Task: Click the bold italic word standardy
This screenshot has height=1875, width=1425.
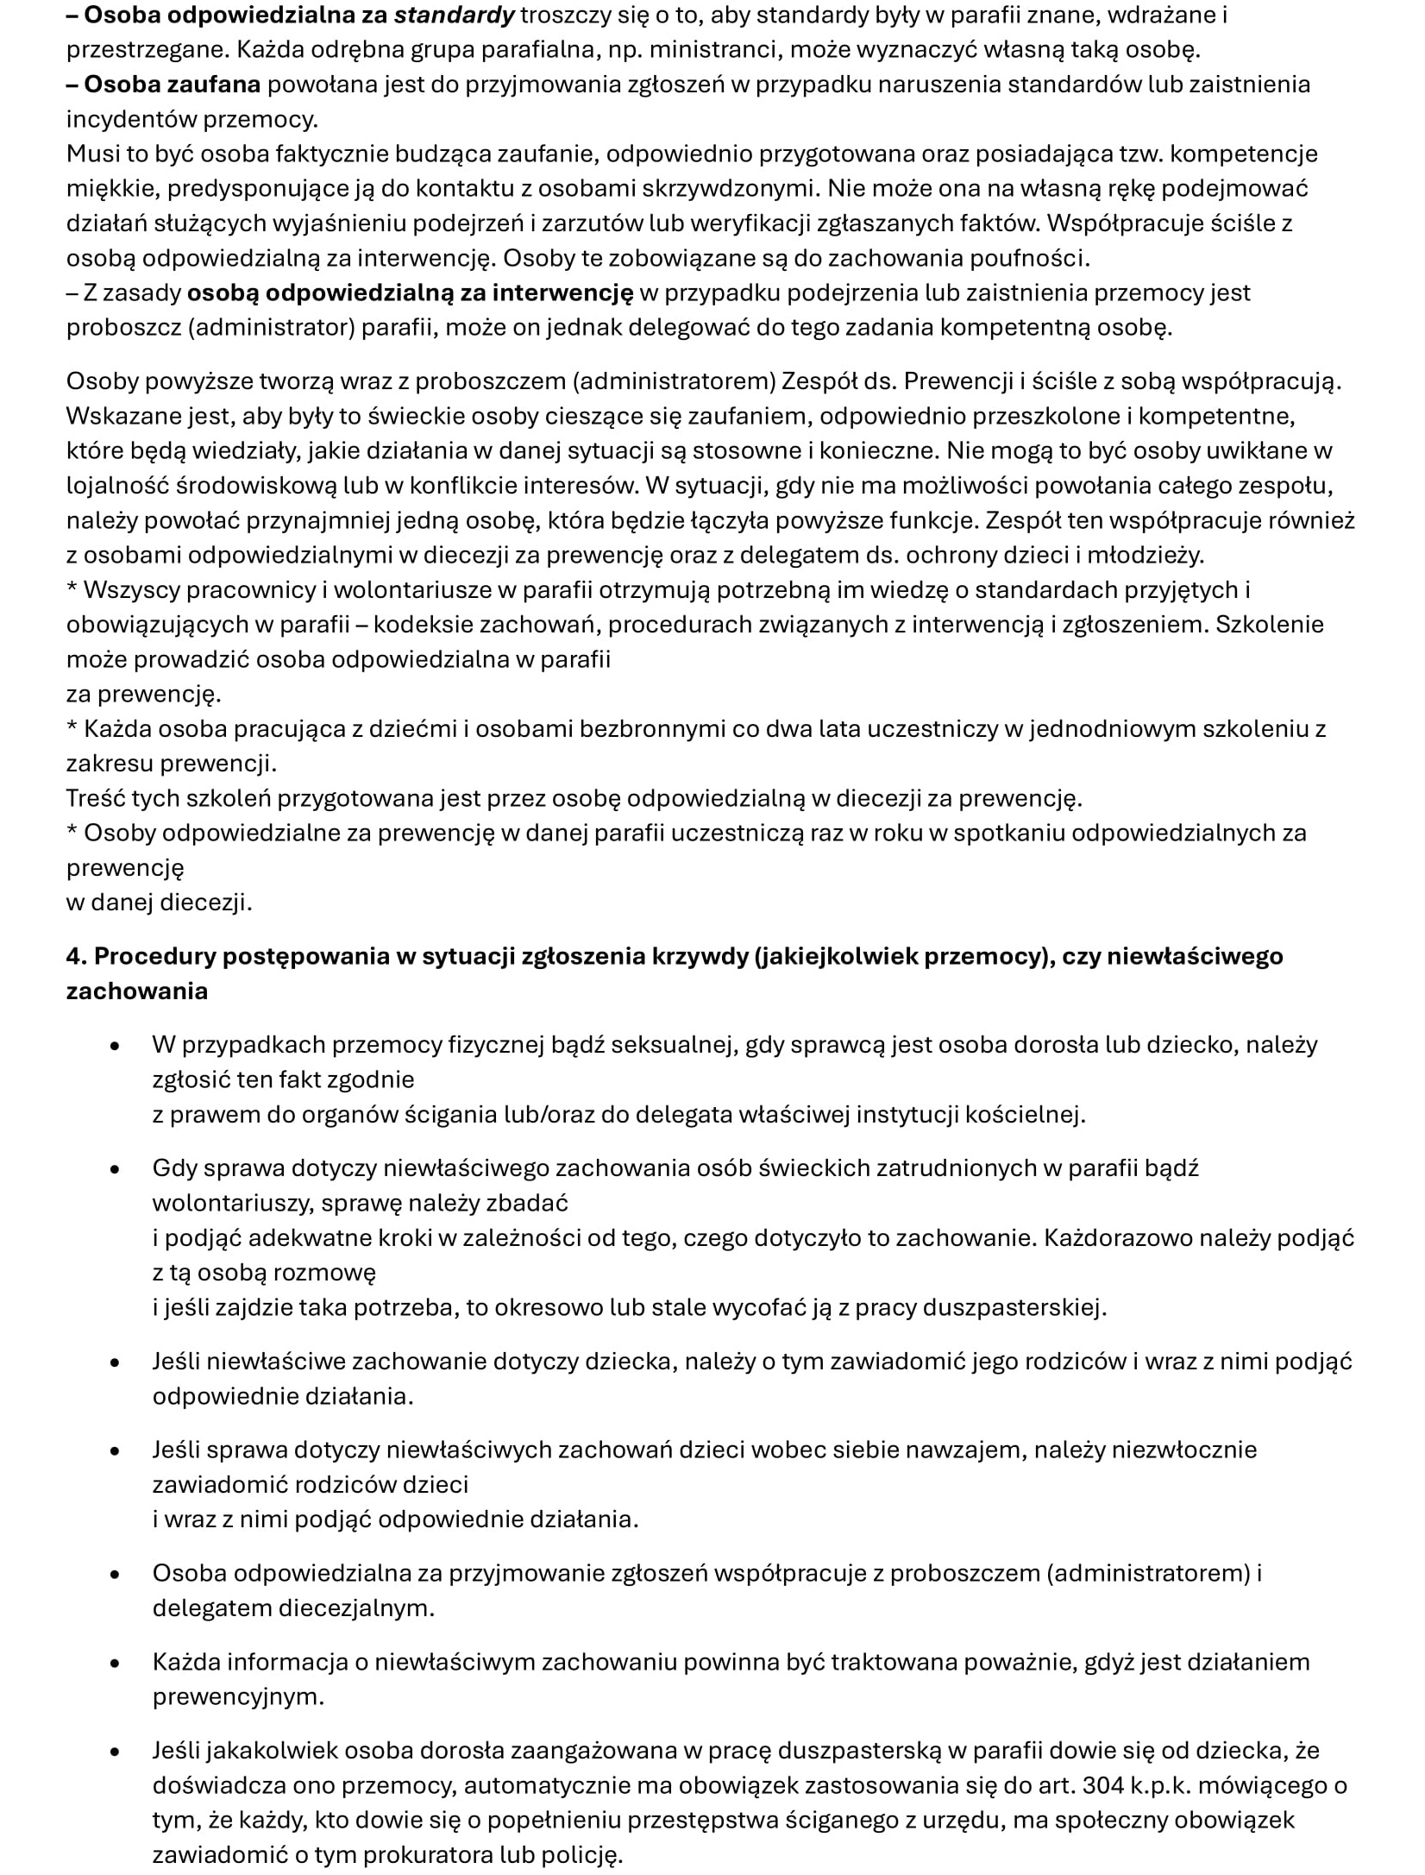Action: click(x=454, y=15)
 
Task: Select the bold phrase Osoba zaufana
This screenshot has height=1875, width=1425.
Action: click(x=172, y=85)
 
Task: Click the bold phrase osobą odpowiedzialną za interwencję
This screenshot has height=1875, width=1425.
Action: click(x=410, y=293)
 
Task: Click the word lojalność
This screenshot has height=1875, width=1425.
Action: click(x=117, y=485)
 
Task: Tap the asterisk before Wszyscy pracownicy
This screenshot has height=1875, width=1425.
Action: click(x=72, y=588)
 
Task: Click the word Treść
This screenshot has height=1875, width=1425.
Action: click(x=96, y=798)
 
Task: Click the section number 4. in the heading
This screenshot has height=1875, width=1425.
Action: click(x=77, y=956)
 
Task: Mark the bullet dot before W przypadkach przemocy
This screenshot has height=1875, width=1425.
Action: click(x=115, y=1046)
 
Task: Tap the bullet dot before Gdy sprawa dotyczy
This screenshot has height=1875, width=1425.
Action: click(x=115, y=1169)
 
